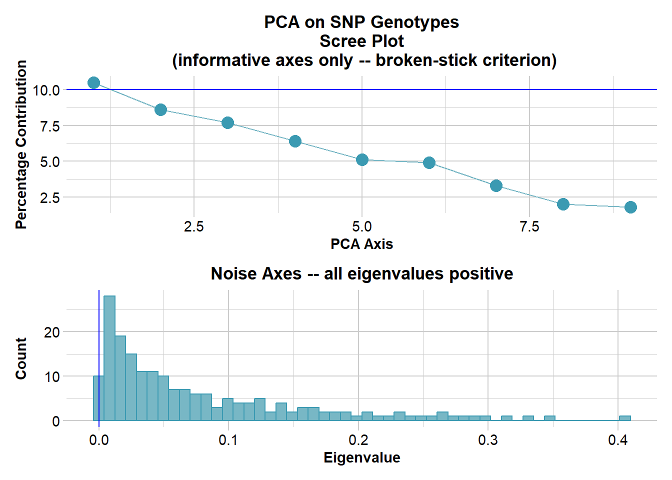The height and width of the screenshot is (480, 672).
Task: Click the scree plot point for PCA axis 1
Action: coord(93,82)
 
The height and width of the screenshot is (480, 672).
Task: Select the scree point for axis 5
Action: coord(362,159)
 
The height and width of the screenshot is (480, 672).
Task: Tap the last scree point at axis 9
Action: coord(630,207)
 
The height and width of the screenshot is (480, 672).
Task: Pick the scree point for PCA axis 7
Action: coord(496,185)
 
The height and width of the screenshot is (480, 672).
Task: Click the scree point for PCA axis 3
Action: coord(227,122)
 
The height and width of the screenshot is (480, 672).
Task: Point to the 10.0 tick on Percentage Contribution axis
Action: coord(46,90)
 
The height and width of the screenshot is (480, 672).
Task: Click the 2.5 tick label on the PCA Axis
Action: coord(194,227)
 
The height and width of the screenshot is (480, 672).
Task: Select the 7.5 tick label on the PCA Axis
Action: coord(529,227)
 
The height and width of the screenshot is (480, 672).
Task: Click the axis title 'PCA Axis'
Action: coord(361,244)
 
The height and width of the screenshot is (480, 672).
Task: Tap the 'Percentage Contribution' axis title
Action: coord(21,144)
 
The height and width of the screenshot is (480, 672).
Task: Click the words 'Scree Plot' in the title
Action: coord(361,41)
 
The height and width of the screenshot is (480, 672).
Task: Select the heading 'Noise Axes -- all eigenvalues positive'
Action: coord(361,274)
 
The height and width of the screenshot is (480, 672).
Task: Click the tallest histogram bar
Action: coord(109,358)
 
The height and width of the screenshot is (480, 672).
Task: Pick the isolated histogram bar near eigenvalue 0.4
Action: coord(624,418)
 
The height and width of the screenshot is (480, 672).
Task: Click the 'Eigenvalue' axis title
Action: coord(361,457)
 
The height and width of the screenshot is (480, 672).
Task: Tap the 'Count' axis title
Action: coord(21,358)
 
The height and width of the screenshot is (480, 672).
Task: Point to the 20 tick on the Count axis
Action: coord(52,332)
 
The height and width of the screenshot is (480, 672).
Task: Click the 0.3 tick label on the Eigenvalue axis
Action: coord(488,440)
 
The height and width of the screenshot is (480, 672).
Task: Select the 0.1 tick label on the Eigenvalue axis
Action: coord(228,440)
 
